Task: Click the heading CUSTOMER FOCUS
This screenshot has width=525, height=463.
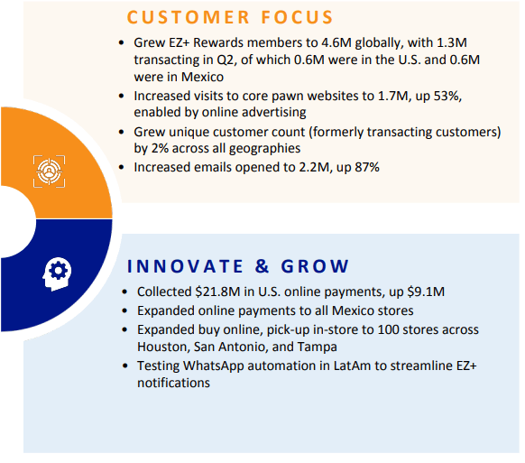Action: (230, 17)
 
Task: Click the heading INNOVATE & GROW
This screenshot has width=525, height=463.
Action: (238, 266)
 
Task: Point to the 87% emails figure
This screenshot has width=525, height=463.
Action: (360, 167)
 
